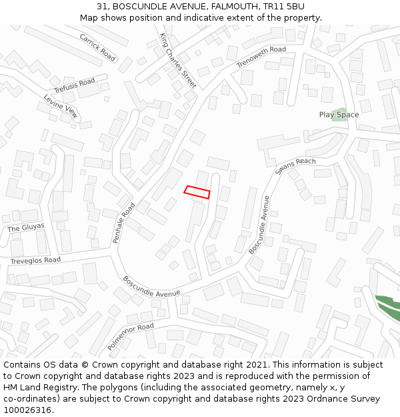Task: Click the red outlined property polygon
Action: [x=197, y=192]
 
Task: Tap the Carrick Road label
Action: [x=97, y=47]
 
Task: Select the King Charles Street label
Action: [x=178, y=61]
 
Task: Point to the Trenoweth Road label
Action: [x=261, y=57]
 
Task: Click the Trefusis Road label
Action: [x=75, y=85]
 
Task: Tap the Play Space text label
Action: [x=339, y=115]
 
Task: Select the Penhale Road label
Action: [x=124, y=222]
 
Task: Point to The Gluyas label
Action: [x=26, y=228]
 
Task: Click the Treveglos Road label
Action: [x=35, y=260]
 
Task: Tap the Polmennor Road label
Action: [x=131, y=337]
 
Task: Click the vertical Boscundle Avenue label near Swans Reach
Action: [x=260, y=225]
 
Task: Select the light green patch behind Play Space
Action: [x=340, y=111]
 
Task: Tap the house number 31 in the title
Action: [x=101, y=7]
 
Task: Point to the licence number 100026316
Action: [x=27, y=410]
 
